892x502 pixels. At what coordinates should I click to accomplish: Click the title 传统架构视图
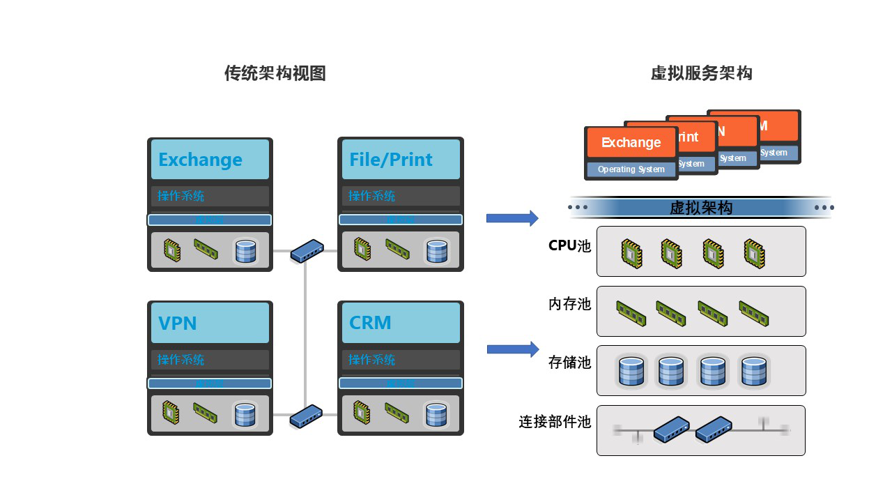(x=275, y=73)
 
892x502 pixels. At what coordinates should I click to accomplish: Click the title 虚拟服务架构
(x=701, y=73)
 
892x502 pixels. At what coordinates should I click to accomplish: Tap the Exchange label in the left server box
(x=201, y=160)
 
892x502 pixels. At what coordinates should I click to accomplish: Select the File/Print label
(x=391, y=160)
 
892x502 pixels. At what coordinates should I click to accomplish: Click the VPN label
(x=178, y=324)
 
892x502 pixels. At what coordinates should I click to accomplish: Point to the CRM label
(x=370, y=324)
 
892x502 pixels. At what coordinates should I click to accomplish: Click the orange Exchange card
(x=631, y=142)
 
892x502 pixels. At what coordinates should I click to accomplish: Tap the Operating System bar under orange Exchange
(x=631, y=169)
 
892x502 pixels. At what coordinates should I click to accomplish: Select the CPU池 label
(x=569, y=245)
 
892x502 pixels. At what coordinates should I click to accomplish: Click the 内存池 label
(x=569, y=304)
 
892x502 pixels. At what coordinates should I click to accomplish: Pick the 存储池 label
(x=569, y=363)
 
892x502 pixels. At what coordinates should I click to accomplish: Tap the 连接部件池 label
(x=555, y=422)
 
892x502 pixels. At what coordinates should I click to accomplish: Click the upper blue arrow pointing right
(x=512, y=218)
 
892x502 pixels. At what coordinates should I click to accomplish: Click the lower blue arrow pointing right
(x=512, y=349)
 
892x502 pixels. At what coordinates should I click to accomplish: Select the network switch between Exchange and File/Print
(x=307, y=251)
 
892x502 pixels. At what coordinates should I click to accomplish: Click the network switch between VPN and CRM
(x=306, y=416)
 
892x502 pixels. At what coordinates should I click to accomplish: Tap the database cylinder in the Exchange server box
(x=245, y=251)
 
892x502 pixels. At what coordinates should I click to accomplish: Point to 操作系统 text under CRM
(x=372, y=360)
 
